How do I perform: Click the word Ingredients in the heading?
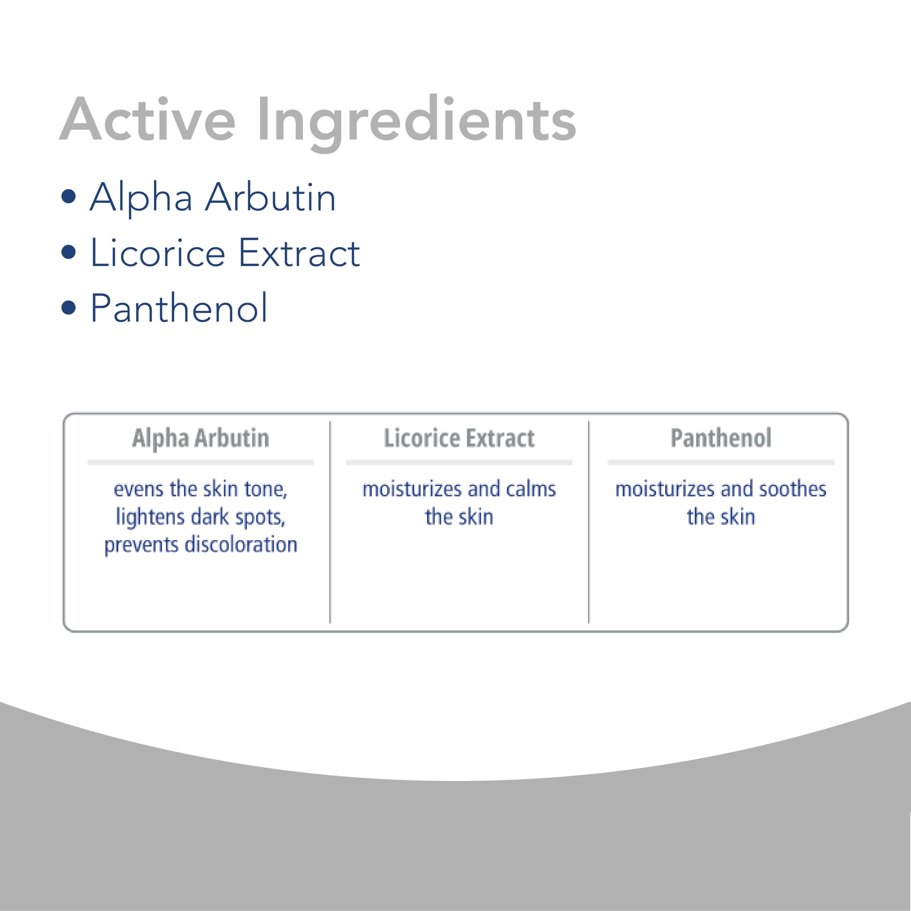417,123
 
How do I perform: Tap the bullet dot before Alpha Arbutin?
69,197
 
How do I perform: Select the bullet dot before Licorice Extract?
69,252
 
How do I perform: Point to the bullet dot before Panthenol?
69,307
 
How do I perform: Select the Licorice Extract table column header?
459,438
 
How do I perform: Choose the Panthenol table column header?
721,438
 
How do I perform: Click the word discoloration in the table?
241,544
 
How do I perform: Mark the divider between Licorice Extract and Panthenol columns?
589,522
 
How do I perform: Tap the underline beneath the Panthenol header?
721,463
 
